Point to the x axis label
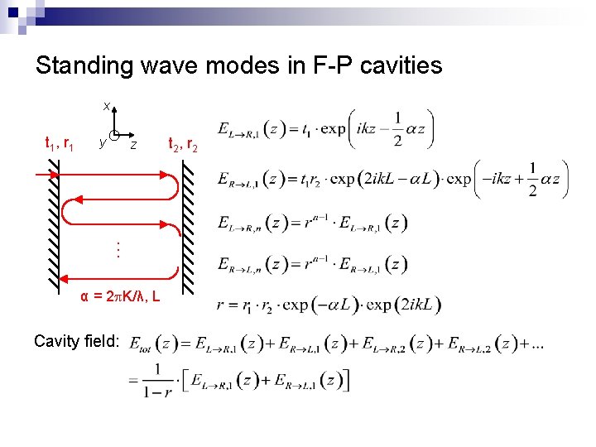coord(106,106)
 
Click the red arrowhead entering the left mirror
coord(55,175)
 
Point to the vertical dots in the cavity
coord(118,247)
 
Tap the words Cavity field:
coord(77,340)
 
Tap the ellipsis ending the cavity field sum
coord(538,342)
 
